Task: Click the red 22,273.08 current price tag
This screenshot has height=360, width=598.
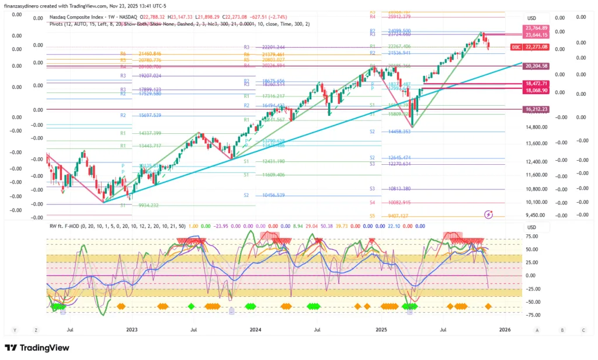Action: (537, 47)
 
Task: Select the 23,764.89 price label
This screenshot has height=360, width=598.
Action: (536, 28)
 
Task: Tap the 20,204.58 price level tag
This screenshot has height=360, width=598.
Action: (536, 67)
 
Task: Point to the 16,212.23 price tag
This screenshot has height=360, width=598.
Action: (536, 109)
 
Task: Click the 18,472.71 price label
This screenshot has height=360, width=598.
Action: (536, 84)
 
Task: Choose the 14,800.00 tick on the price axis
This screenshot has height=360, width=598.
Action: (536, 127)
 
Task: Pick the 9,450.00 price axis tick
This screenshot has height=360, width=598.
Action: (536, 215)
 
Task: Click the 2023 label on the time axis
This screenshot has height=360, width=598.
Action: (132, 330)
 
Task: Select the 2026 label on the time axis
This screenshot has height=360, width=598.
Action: (505, 330)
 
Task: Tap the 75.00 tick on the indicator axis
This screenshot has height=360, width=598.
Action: (531, 237)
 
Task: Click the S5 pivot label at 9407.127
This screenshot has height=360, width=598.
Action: (372, 216)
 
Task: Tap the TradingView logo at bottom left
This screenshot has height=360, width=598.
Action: (37, 348)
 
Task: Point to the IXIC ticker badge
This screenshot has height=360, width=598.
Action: (516, 47)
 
